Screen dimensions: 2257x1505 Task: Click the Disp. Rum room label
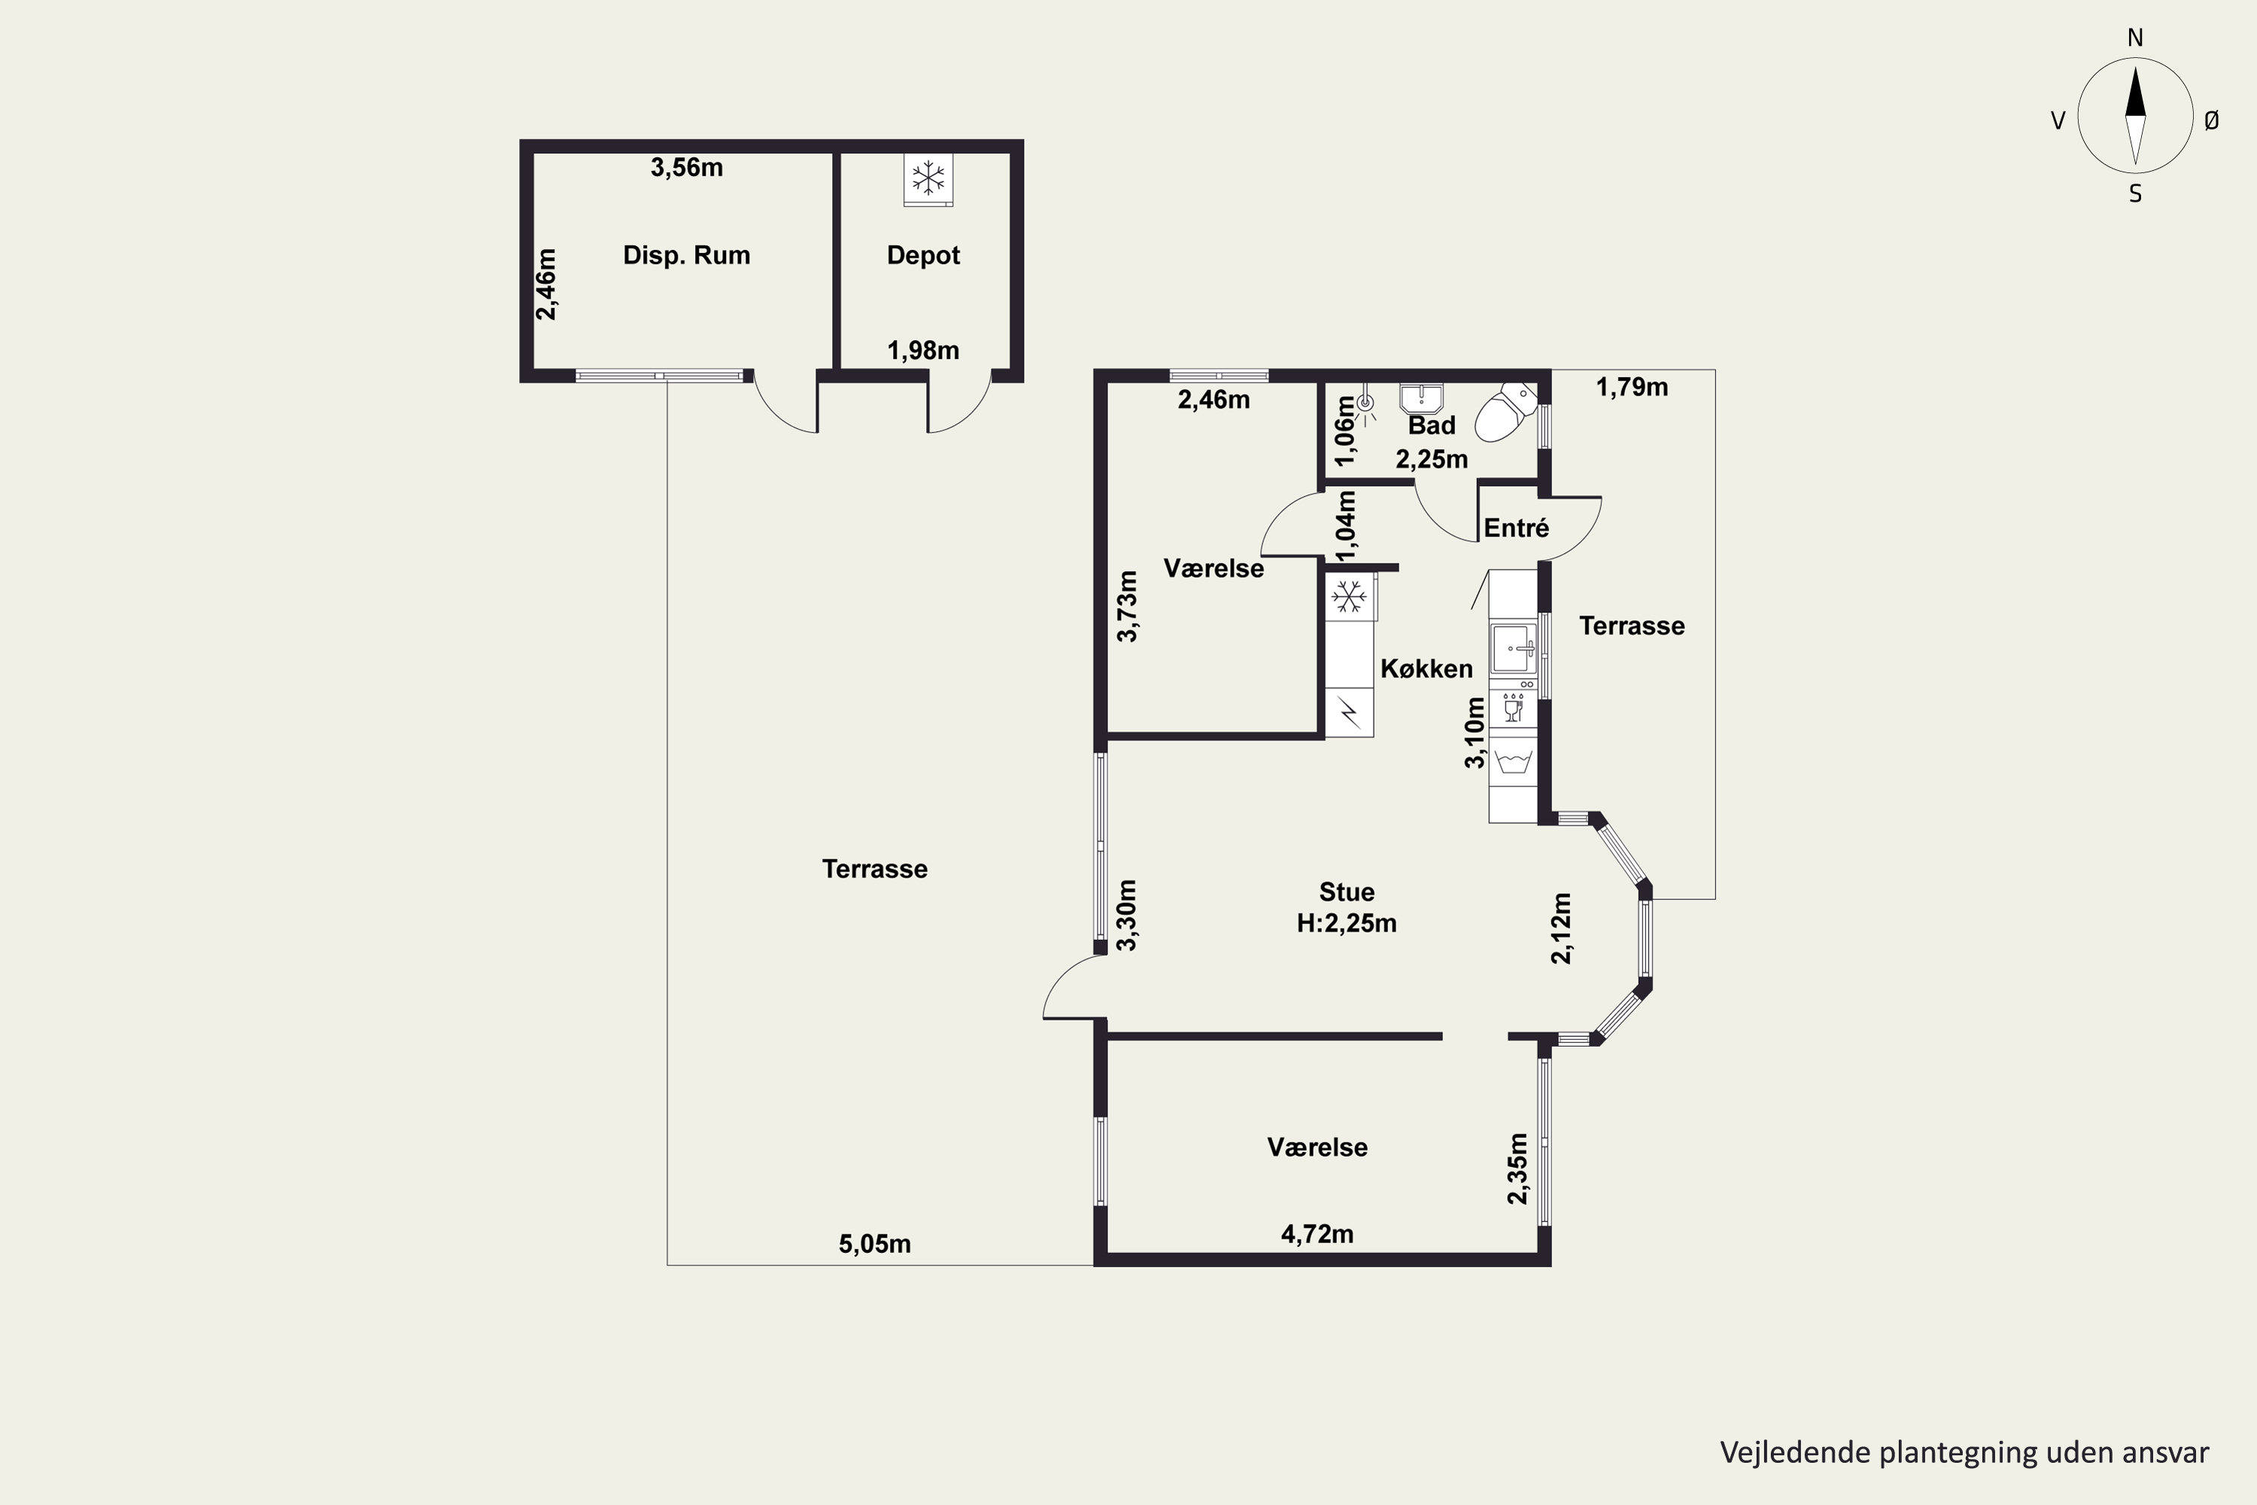[686, 255]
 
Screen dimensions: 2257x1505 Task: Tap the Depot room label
[923, 255]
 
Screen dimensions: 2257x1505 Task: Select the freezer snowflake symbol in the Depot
[928, 178]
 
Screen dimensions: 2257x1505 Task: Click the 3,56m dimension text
[687, 168]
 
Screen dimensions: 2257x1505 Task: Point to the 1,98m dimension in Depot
[923, 351]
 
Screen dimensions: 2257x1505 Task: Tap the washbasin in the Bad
[1421, 397]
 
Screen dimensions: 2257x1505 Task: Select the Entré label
[1516, 528]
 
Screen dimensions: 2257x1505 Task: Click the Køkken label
[1426, 669]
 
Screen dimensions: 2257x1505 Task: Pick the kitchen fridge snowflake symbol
[1349, 597]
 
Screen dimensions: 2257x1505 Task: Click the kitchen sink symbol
[1513, 649]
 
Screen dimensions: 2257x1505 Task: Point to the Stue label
[1347, 892]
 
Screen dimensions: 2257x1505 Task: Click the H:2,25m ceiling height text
[1347, 923]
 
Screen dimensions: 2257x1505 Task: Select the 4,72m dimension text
[1317, 1234]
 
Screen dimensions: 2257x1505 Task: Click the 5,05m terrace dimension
[875, 1244]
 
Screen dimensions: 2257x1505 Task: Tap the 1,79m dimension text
[1633, 387]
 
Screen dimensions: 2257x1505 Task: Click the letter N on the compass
[2135, 38]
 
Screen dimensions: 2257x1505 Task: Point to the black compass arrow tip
[2135, 67]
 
